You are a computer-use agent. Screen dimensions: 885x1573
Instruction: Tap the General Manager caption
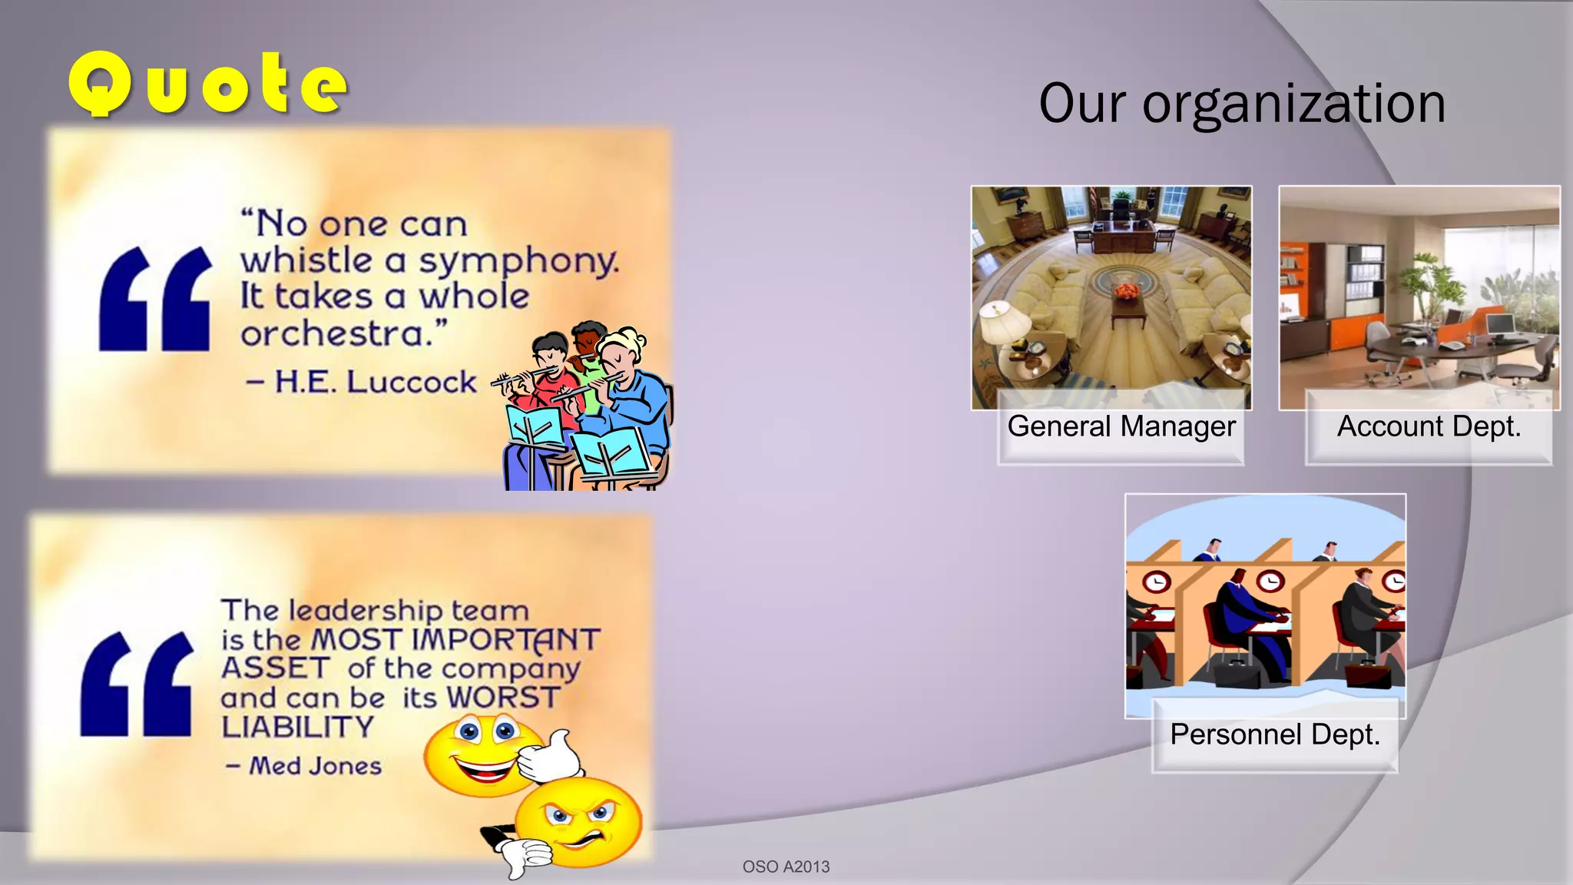pos(1121,426)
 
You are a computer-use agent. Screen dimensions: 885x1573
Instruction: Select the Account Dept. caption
pos(1429,426)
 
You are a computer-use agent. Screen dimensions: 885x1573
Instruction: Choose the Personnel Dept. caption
pos(1275,734)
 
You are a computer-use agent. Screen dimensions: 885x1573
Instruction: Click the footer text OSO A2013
pos(786,867)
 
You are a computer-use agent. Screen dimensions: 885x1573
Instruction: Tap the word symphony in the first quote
pos(518,261)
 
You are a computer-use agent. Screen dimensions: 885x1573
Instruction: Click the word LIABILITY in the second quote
pos(297,727)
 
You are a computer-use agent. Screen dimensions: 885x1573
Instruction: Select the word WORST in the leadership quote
pos(503,698)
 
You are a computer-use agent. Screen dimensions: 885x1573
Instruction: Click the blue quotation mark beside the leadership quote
pos(137,684)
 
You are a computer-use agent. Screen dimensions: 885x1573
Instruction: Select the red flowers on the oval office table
pos(1127,290)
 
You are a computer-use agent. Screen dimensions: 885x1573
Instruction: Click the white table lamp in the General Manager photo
pos(1005,323)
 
